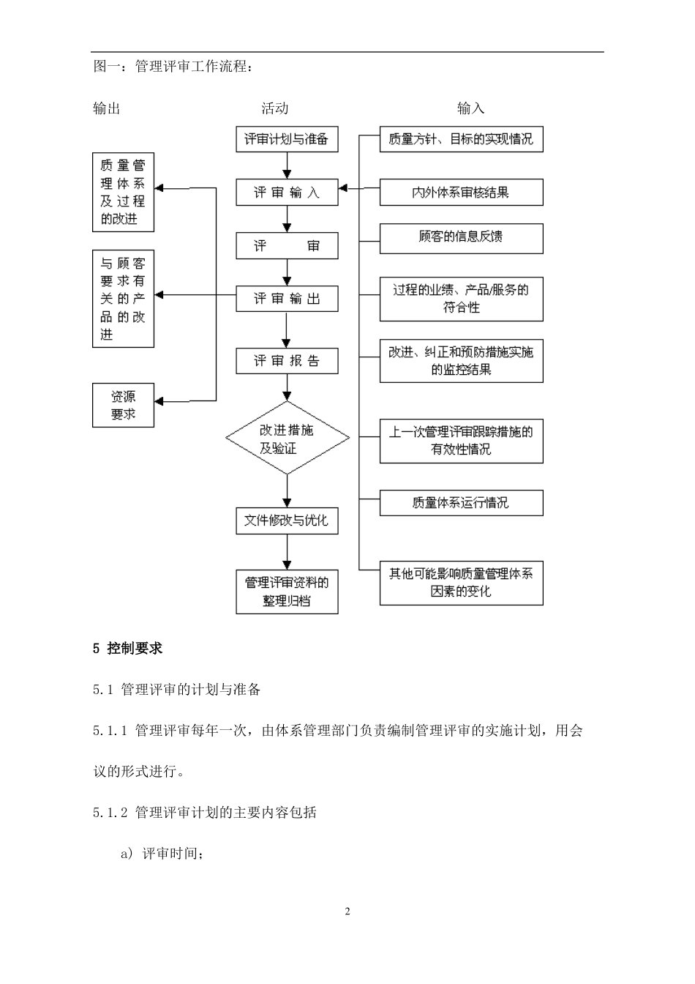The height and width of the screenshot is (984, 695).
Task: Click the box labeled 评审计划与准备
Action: click(287, 139)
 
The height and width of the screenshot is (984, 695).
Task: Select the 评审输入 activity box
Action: click(287, 193)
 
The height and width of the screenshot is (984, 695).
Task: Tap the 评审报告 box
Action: click(287, 361)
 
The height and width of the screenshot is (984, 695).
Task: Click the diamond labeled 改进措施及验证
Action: click(287, 439)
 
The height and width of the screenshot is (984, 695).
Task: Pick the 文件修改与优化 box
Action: click(287, 521)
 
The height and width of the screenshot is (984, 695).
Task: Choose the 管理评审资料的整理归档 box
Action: click(287, 592)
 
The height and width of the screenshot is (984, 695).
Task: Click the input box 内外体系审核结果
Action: click(461, 193)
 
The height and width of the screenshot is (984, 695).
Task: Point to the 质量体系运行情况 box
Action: click(461, 503)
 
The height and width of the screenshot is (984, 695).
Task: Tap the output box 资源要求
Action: click(123, 405)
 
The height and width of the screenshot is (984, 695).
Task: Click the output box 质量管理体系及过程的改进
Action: click(123, 192)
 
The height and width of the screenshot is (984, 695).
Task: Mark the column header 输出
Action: click(107, 108)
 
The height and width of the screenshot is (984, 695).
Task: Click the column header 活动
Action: click(275, 108)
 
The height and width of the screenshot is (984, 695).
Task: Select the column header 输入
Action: click(470, 108)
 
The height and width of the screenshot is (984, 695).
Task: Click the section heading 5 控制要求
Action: click(128, 648)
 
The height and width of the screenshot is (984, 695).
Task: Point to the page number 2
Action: click(347, 912)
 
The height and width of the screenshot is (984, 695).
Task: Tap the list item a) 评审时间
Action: click(161, 853)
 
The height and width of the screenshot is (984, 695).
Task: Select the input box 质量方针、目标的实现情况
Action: click(461, 139)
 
